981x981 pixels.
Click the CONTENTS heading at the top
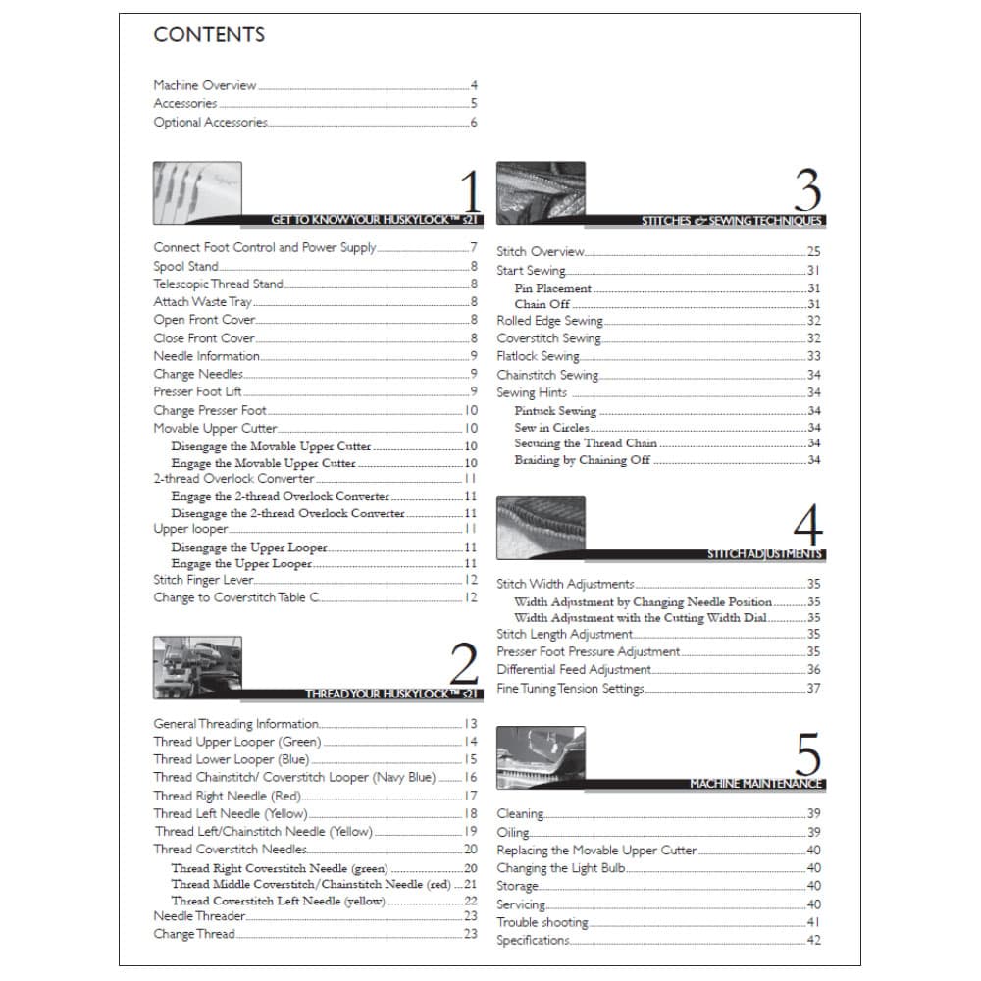point(209,35)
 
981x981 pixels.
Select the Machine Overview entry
point(205,86)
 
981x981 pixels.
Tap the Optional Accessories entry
point(210,123)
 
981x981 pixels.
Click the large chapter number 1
point(469,191)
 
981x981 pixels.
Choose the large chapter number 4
point(806,527)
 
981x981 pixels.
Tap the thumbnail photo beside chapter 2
point(197,667)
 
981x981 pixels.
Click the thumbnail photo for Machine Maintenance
point(541,757)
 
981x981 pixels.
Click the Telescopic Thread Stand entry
point(218,284)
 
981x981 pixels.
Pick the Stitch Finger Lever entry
point(204,581)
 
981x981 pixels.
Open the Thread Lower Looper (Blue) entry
point(231,759)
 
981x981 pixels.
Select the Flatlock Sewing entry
point(538,357)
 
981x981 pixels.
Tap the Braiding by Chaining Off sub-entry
point(582,460)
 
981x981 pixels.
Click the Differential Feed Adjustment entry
point(574,670)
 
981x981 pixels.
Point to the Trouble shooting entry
point(542,923)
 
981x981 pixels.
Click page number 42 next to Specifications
point(813,941)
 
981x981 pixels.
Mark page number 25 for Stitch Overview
point(813,252)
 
